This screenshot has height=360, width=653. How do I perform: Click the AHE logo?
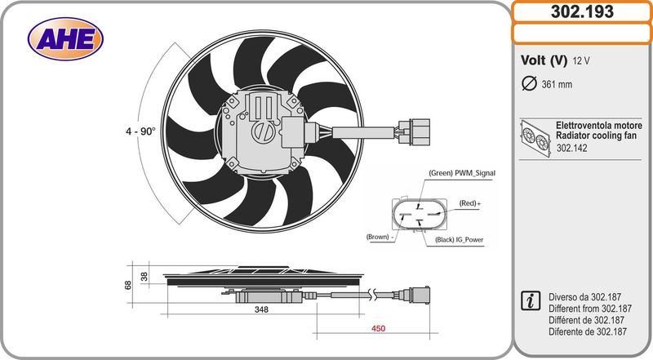(65, 38)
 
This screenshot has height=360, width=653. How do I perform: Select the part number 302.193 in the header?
(582, 11)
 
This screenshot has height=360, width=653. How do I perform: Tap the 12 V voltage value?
(581, 61)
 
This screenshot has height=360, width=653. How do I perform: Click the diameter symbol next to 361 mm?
(529, 84)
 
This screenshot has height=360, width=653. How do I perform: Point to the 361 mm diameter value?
(557, 85)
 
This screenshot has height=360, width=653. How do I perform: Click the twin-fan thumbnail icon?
(535, 139)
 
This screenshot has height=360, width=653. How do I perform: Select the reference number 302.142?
(572, 148)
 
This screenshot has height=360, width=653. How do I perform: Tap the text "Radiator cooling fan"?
(597, 136)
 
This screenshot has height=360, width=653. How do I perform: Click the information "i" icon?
(531, 301)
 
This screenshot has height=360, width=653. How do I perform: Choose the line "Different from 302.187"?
(590, 309)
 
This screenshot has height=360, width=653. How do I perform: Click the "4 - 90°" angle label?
(140, 131)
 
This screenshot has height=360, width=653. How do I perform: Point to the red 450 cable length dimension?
(378, 328)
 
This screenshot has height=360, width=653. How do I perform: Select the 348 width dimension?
(261, 309)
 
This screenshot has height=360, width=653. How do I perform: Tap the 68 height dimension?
(128, 285)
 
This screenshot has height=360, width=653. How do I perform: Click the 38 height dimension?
(144, 276)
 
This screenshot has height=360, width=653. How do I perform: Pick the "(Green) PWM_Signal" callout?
(462, 173)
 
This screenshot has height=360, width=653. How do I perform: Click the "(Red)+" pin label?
(470, 203)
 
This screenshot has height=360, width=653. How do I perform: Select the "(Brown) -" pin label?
(380, 237)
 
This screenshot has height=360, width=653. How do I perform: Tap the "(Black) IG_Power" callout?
(460, 239)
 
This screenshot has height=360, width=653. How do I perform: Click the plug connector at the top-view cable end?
(414, 131)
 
